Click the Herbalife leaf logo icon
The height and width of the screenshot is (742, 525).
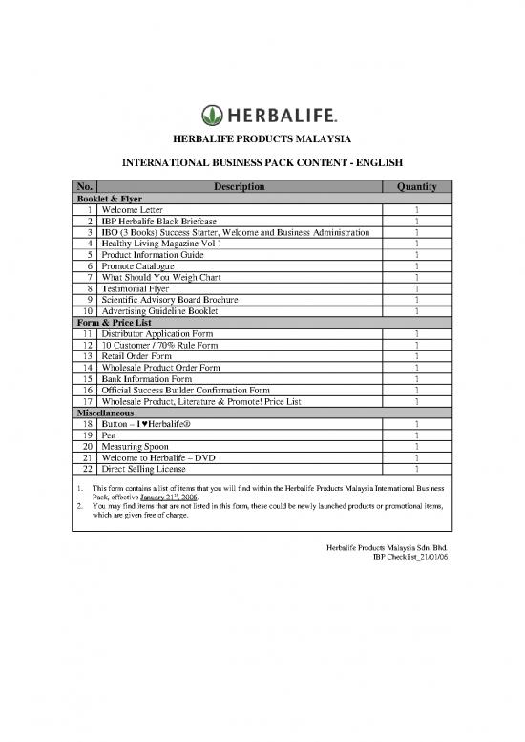(212, 116)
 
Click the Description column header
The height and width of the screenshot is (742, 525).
(240, 186)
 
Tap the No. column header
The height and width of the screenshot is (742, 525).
(85, 186)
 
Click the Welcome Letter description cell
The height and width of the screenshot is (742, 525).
(133, 209)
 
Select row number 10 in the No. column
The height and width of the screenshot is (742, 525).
(86, 311)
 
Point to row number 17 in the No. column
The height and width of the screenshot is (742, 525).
(86, 402)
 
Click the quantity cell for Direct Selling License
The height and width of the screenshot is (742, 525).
(417, 470)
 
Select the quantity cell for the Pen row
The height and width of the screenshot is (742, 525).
(417, 435)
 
